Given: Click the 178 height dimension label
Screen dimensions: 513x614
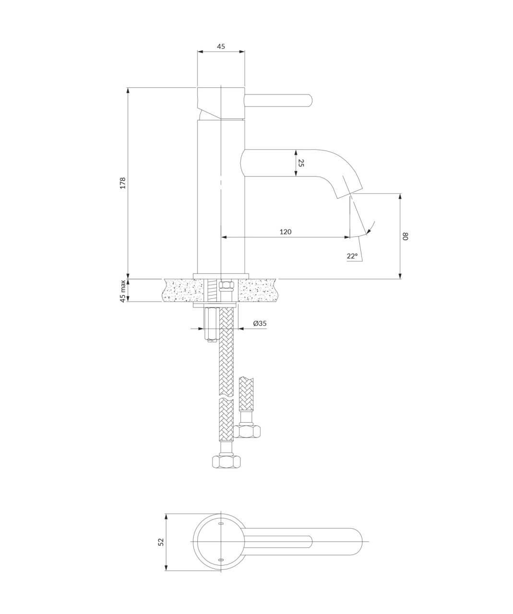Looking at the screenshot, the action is (x=123, y=183).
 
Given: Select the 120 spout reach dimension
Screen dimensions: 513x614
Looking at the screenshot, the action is (x=286, y=232).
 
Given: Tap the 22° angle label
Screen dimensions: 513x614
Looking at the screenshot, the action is (x=352, y=256).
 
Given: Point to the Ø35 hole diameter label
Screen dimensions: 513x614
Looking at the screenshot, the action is (x=260, y=323).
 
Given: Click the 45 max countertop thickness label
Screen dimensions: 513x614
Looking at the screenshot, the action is (x=123, y=291).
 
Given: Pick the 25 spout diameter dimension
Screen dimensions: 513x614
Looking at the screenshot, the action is (x=300, y=163).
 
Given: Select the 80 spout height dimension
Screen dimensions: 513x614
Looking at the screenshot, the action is (x=406, y=236).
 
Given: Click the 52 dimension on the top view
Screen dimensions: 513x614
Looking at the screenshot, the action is (x=161, y=542).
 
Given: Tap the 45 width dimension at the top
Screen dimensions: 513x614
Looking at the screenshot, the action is (x=221, y=46).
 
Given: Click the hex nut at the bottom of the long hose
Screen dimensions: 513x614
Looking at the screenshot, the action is (x=226, y=461).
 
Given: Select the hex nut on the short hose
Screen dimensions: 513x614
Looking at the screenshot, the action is (x=247, y=431).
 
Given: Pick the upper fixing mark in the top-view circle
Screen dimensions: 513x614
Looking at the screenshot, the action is (x=221, y=524).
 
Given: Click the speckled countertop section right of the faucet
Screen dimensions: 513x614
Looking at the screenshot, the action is (x=257, y=291).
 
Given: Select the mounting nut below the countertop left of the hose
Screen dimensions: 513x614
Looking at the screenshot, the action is (x=211, y=323).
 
